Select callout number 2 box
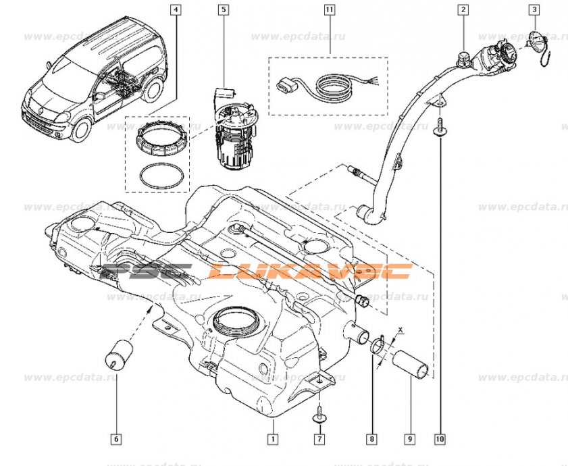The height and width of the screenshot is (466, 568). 463,10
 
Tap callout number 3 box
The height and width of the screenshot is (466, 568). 534,10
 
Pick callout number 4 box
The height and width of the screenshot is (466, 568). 176,10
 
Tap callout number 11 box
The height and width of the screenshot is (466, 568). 329,10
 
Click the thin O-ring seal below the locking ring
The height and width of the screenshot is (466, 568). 161,175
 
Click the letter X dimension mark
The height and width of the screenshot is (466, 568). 401,331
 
